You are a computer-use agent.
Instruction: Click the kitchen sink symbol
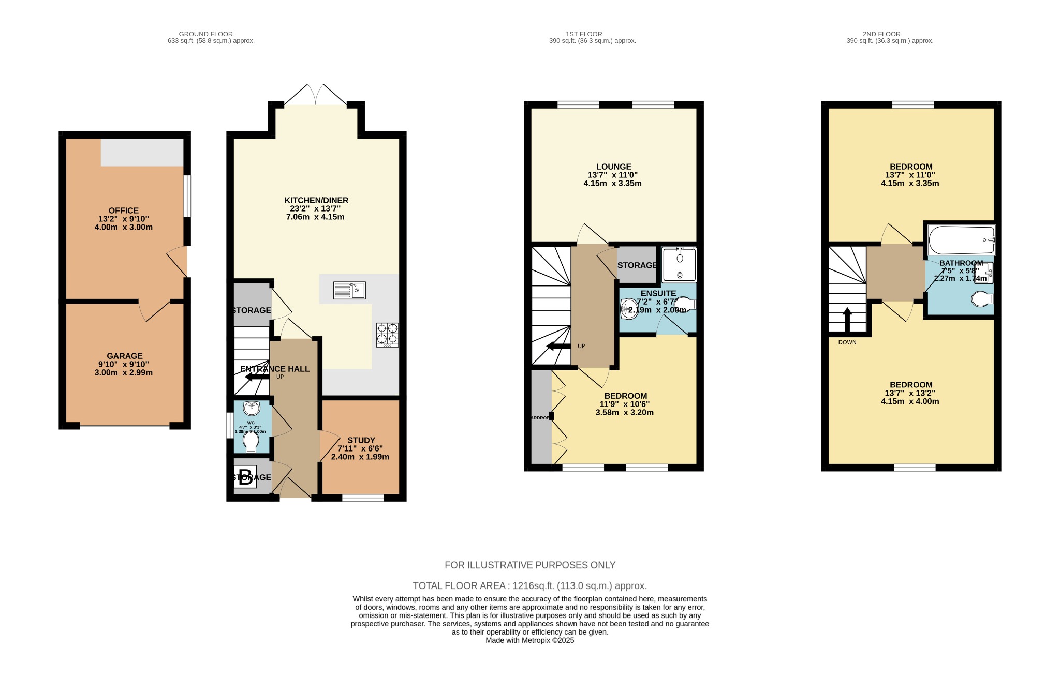349,290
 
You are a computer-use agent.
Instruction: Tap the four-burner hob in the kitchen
387,334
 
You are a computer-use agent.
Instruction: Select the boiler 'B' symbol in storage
245,476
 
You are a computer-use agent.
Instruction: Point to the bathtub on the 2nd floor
962,239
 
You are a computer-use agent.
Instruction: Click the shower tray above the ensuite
679,265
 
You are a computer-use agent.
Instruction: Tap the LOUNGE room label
613,167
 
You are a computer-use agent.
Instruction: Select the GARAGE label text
124,356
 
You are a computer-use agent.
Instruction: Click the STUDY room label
361,440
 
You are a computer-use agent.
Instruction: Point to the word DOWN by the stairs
847,342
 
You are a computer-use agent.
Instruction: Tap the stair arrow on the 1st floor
558,346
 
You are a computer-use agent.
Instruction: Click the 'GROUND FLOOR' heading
205,34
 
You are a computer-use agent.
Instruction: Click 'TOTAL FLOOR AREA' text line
529,586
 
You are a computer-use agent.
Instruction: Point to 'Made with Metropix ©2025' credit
529,640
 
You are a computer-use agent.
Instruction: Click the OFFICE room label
123,210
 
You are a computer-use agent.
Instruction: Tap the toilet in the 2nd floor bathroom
981,299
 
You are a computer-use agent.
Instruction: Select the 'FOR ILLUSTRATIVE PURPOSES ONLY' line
529,565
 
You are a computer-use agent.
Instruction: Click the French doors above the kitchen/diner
316,96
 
